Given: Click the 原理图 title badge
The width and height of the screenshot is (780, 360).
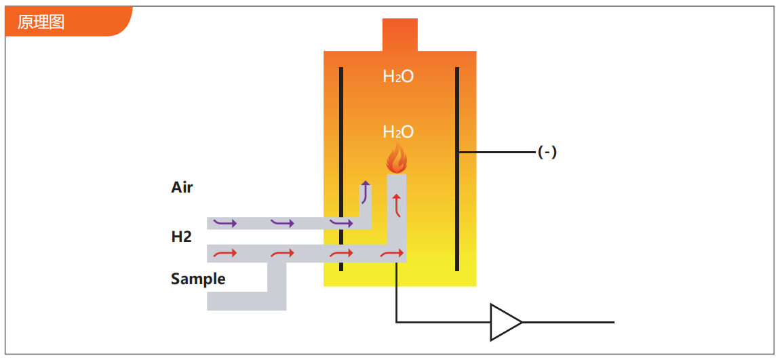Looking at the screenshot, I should [x=41, y=22].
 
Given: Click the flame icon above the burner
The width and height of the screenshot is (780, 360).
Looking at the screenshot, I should [x=396, y=159].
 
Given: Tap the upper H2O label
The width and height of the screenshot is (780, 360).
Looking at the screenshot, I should [x=398, y=77].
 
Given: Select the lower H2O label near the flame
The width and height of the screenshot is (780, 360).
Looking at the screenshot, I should [x=398, y=132].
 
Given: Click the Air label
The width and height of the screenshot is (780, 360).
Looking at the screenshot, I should [x=182, y=187].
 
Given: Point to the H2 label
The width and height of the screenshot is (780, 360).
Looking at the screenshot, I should [x=181, y=237].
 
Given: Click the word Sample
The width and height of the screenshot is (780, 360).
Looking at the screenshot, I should [x=198, y=279].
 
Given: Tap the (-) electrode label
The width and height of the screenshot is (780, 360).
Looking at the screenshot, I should [x=547, y=153].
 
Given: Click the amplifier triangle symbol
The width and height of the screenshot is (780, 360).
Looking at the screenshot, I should [x=505, y=322].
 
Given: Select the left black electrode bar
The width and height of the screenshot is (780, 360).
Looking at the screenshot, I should [x=341, y=169].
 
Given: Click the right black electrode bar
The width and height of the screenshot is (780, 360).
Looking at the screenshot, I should [x=457, y=169].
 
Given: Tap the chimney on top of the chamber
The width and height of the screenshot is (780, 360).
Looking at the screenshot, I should [x=400, y=35].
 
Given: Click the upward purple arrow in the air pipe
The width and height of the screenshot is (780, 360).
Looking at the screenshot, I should [x=366, y=193].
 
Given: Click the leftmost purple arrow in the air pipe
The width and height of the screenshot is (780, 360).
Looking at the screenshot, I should [x=225, y=222].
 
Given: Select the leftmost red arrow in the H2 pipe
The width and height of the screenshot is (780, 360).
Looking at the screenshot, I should [x=225, y=254].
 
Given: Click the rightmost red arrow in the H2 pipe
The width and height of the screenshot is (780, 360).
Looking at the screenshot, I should [x=392, y=254].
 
